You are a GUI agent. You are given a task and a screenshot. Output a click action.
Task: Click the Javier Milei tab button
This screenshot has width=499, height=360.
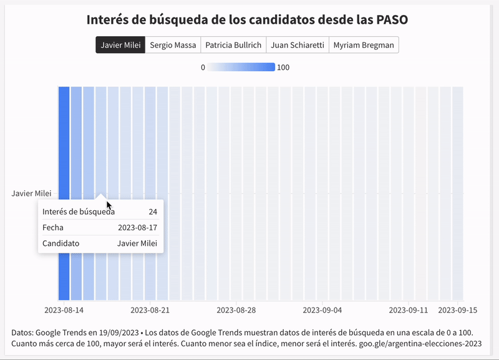click(120, 45)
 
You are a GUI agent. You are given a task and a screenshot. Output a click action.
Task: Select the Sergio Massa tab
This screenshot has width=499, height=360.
click(173, 45)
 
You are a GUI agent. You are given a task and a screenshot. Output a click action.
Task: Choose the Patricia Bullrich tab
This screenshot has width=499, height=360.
click(234, 45)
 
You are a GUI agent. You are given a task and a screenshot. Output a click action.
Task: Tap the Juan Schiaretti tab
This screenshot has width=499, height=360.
click(297, 45)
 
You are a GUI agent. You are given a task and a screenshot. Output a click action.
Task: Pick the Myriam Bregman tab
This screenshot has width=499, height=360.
click(364, 45)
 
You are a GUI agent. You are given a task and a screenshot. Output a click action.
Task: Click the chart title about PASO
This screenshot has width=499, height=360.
click(248, 19)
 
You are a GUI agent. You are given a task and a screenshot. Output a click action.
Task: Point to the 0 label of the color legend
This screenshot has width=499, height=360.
click(203, 67)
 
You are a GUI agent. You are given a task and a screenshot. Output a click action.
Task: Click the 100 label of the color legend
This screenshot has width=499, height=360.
click(283, 67)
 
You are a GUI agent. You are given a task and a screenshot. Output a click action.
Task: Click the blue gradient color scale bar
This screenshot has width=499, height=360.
click(241, 67)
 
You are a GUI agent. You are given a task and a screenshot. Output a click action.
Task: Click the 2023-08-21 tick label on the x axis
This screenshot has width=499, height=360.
click(150, 309)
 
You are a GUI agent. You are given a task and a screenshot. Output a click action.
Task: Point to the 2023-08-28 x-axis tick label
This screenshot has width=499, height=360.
click(236, 309)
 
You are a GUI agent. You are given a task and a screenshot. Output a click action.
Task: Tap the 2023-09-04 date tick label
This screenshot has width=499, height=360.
click(322, 309)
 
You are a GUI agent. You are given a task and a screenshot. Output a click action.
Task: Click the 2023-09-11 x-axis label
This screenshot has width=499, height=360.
click(409, 309)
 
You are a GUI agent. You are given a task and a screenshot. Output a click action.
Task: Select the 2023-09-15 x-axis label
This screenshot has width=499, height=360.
click(458, 309)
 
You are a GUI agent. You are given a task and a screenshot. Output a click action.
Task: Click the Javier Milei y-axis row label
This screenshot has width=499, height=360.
click(31, 193)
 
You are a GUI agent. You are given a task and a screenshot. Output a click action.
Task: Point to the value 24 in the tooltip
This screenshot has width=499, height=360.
click(153, 212)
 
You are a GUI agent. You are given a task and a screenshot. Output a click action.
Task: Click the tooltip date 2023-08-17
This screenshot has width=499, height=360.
click(137, 228)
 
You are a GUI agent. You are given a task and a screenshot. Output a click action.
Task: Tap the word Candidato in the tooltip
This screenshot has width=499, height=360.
click(61, 243)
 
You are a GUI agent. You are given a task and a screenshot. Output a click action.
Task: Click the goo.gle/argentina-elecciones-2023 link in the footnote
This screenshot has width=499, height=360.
click(420, 343)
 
